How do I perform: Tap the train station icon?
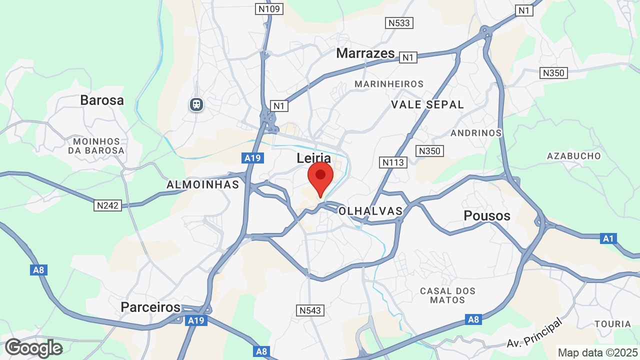click(x=196, y=104)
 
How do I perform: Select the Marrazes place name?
click(x=365, y=53)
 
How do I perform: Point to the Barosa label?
click(x=102, y=100)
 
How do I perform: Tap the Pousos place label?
click(x=487, y=215)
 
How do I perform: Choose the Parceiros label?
click(x=150, y=306)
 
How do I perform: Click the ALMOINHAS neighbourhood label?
click(x=203, y=184)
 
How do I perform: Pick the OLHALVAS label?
click(x=370, y=211)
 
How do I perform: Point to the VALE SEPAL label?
click(x=427, y=104)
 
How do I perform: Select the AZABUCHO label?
click(x=574, y=155)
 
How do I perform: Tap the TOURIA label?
click(x=613, y=324)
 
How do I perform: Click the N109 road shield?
click(x=270, y=9)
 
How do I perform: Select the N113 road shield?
click(x=393, y=162)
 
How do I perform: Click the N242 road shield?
click(x=107, y=205)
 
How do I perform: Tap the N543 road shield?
click(x=310, y=310)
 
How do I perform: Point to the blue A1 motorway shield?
click(x=608, y=238)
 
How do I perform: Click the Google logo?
click(x=33, y=348)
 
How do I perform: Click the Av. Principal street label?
click(x=535, y=334)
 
